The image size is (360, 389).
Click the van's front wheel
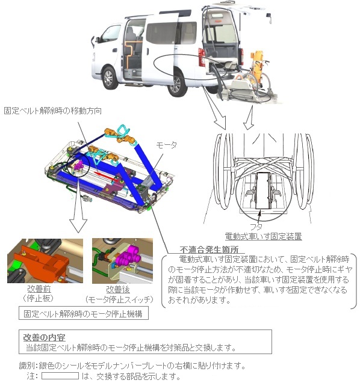pos(108,78)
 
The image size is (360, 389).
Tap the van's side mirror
pos(94,41)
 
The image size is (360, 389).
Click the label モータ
pos(167,145)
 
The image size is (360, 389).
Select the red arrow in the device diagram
pos(105,176)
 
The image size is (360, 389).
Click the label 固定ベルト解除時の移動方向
pos(53,111)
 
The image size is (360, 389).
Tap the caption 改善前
pos(39,289)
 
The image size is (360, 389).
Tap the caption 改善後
pos(118,290)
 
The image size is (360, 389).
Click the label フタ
pos(256,227)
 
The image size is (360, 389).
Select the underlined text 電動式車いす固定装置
pos(263,236)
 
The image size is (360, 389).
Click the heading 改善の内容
pos(44,338)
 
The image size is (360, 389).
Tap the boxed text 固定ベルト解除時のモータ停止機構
pos(84,314)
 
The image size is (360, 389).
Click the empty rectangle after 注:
pos(60,376)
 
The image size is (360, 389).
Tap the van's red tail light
pos(202,57)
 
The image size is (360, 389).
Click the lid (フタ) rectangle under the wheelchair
pos(263,191)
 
